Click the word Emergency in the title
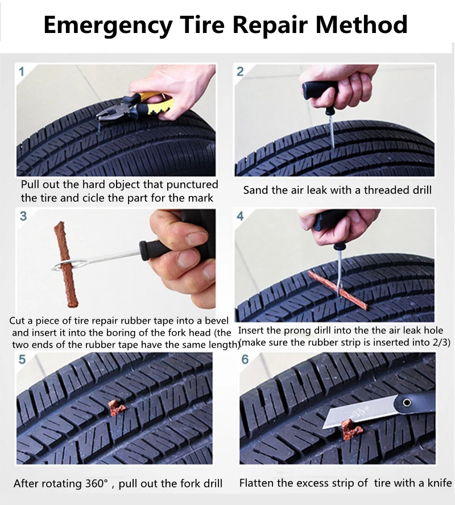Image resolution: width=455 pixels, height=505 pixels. tap(108, 26)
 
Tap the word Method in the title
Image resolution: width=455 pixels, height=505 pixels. tap(362, 24)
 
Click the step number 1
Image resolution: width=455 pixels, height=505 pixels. tap(22, 72)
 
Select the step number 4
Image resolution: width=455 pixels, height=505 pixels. tap(240, 216)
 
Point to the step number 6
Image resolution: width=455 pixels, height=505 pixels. tap(245, 359)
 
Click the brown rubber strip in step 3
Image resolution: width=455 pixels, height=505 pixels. tap(67, 264)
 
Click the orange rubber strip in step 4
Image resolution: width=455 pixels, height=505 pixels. tap(337, 291)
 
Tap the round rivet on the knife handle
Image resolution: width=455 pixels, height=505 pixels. tap(407, 403)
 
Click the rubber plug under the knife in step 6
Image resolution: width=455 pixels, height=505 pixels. tap(350, 430)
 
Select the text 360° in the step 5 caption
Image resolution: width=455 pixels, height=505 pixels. tap(97, 483)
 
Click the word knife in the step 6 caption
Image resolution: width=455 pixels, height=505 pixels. tap(439, 483)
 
